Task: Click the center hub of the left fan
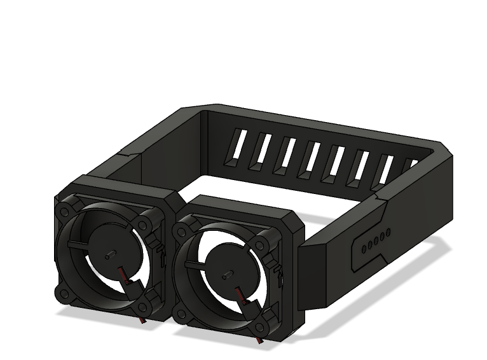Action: [109, 253]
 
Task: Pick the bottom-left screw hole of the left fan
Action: [64, 294]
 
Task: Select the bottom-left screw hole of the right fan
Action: [181, 314]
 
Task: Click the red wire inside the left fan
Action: [125, 276]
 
